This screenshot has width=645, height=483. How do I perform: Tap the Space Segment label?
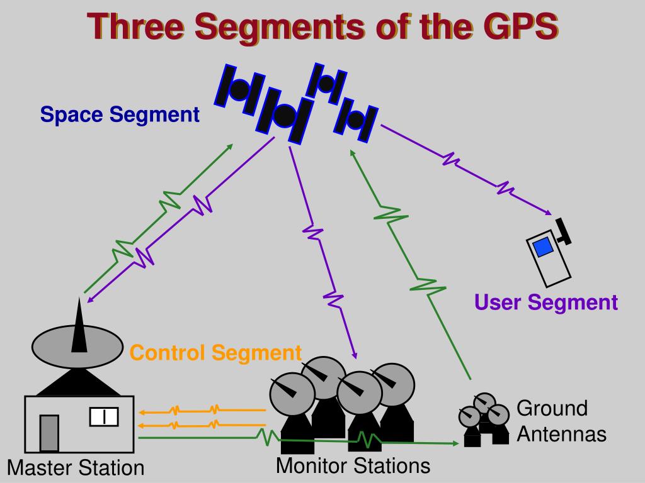(120, 114)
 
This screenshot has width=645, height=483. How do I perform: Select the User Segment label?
(546, 303)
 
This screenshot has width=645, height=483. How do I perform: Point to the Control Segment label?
(216, 353)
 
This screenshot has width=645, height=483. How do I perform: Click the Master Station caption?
(76, 468)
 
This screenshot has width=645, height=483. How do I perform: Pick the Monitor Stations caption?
(353, 466)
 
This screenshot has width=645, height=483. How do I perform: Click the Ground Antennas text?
(561, 421)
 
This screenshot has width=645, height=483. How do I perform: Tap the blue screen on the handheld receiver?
(542, 247)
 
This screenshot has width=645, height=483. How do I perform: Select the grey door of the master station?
(49, 433)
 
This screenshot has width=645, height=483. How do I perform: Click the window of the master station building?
(104, 416)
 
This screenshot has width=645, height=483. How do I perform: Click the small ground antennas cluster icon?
(484, 419)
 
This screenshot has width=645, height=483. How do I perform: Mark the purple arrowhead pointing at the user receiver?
(549, 212)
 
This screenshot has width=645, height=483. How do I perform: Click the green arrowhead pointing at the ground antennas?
(455, 443)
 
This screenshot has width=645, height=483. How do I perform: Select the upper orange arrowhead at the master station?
(142, 413)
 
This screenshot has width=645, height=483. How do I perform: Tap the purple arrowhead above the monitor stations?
(355, 356)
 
